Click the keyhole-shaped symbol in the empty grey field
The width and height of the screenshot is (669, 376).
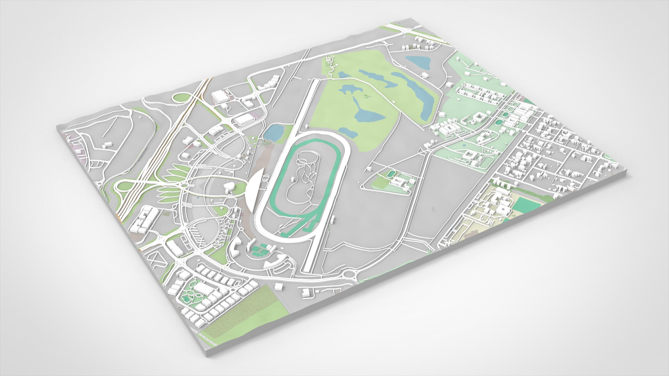434,210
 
